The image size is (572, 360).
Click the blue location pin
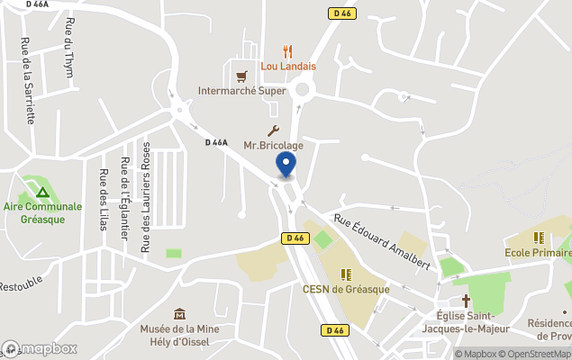click(286, 166)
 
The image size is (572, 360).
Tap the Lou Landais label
click(288, 66)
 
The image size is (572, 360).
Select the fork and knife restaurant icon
click(288, 52)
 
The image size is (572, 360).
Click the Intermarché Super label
click(242, 90)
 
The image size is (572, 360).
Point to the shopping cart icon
click(241, 76)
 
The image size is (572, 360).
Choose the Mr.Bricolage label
click(273, 145)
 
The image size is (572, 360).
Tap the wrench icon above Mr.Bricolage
click(273, 131)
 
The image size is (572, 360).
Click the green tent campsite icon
click(41, 192)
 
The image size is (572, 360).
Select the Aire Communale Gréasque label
click(42, 212)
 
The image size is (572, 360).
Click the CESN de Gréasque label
click(346, 289)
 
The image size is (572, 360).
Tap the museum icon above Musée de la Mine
click(180, 314)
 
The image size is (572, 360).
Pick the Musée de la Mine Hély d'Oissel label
click(180, 336)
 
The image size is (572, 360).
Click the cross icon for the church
click(467, 300)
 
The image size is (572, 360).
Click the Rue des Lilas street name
click(104, 201)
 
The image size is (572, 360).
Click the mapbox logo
click(40, 348)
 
